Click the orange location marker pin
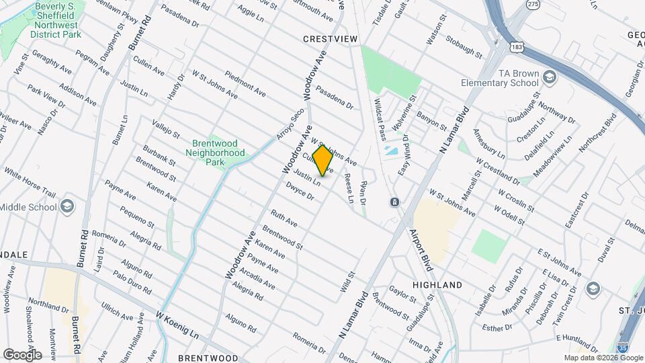(322, 161)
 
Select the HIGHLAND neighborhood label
(437, 285)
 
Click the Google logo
(22, 354)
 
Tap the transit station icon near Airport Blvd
(394, 202)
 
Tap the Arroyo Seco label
(291, 124)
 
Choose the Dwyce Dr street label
(300, 191)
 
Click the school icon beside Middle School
(67, 207)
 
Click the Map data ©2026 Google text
(603, 358)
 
